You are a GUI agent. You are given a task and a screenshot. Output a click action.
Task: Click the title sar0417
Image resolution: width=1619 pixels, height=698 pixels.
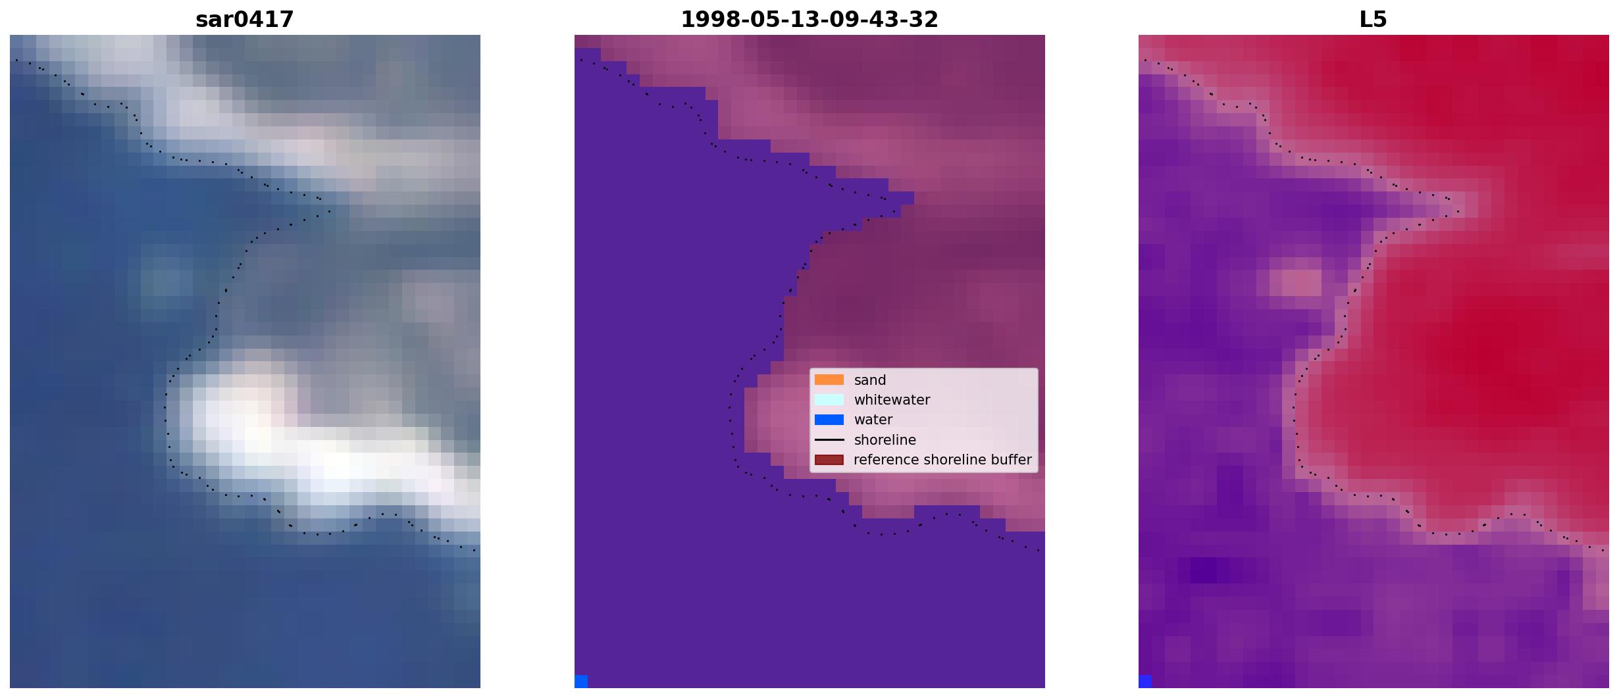coord(244,20)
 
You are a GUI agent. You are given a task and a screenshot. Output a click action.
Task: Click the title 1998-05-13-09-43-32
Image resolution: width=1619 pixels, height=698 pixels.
coord(809,20)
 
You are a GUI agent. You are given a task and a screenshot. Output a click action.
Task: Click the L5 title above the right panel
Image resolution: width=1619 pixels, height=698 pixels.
coord(1373,20)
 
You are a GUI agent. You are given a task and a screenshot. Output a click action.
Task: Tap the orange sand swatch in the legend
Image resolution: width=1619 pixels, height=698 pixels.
coord(829,380)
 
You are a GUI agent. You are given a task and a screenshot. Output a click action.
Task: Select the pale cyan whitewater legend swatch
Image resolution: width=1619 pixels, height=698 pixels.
coord(829,399)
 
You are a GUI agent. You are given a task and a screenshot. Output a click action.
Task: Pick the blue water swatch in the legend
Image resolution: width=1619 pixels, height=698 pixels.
coord(829,420)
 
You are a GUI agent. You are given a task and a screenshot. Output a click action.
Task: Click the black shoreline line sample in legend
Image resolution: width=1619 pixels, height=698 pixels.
coord(829,439)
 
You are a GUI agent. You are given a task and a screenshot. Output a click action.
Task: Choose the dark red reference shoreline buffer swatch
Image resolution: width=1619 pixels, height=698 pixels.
coord(829,460)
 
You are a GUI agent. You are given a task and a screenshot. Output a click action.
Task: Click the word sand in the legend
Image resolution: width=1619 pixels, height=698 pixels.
coord(870,380)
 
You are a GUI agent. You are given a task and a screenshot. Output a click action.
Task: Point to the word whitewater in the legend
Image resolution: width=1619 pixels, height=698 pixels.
coord(892,400)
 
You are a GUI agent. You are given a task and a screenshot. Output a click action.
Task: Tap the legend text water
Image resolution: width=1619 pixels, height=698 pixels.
coord(873,420)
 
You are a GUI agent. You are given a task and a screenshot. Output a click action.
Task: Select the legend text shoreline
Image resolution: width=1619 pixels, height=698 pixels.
coord(885,439)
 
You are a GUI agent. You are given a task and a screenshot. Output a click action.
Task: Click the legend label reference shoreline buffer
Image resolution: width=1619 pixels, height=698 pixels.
coord(942,460)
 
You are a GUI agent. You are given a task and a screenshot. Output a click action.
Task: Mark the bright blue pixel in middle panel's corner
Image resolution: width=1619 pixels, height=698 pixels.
coord(581,681)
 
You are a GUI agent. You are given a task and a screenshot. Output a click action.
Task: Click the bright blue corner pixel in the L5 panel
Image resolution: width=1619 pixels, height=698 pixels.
coord(1145,681)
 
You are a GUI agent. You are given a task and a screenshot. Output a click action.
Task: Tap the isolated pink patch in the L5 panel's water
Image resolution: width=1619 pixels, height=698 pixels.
coord(1295,283)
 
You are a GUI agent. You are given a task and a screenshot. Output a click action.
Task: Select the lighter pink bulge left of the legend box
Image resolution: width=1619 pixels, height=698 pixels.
coord(777,414)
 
